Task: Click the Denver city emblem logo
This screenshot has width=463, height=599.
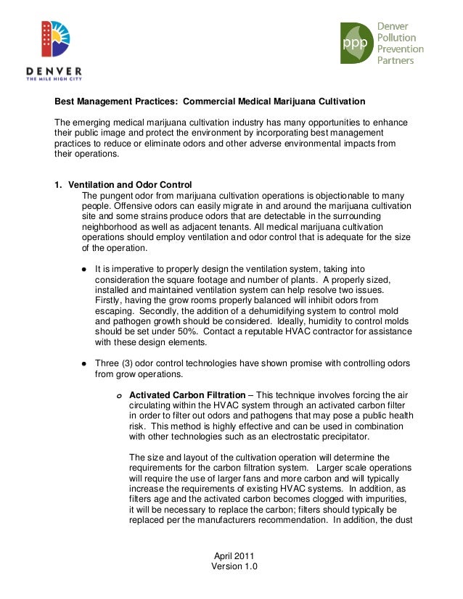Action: point(55,38)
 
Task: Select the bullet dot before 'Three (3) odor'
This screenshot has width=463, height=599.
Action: point(84,363)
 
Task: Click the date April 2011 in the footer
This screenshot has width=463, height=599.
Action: point(234,555)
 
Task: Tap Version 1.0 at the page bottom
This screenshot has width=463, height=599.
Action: point(234,566)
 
